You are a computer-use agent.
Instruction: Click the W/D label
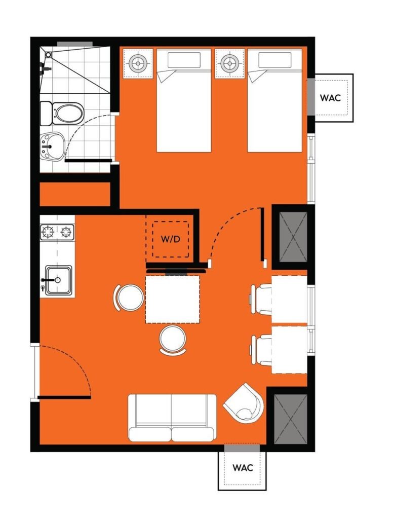170,239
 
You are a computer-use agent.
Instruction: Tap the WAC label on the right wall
330,98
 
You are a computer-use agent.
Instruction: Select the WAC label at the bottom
243,468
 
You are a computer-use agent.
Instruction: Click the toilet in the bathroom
62,114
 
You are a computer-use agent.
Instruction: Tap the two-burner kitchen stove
57,232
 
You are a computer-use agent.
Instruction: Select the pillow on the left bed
184,60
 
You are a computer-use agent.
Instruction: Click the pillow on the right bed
275,60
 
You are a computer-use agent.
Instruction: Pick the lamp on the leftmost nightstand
138,62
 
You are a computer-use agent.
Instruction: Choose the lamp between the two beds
229,62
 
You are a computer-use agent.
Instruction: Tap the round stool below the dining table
173,340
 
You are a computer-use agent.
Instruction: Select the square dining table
173,299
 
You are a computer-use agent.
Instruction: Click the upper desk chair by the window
261,299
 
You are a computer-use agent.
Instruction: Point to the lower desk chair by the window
261,350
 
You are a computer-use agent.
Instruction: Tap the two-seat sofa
172,418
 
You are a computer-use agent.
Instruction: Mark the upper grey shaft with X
293,237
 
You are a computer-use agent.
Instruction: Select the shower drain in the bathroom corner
48,55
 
